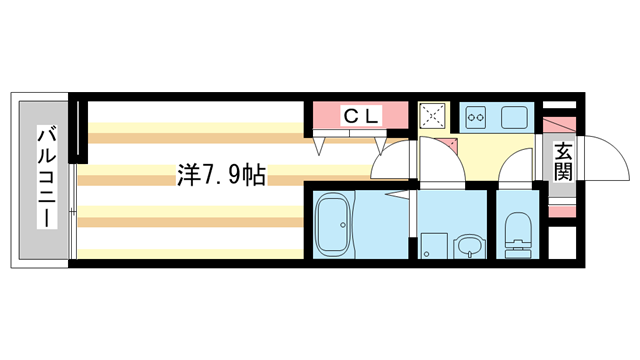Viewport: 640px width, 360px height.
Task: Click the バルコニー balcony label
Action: (46, 177)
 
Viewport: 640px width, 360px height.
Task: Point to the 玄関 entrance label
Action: (563, 161)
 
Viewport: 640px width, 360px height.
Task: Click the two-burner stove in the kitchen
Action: (475, 116)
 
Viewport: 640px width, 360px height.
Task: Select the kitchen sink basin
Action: (515, 116)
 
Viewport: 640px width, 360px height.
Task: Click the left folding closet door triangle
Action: (320, 147)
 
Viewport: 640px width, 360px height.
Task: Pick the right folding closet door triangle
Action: (380, 147)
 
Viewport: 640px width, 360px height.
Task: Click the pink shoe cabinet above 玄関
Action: (562, 128)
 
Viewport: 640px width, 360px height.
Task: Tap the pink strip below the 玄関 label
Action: (562, 209)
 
